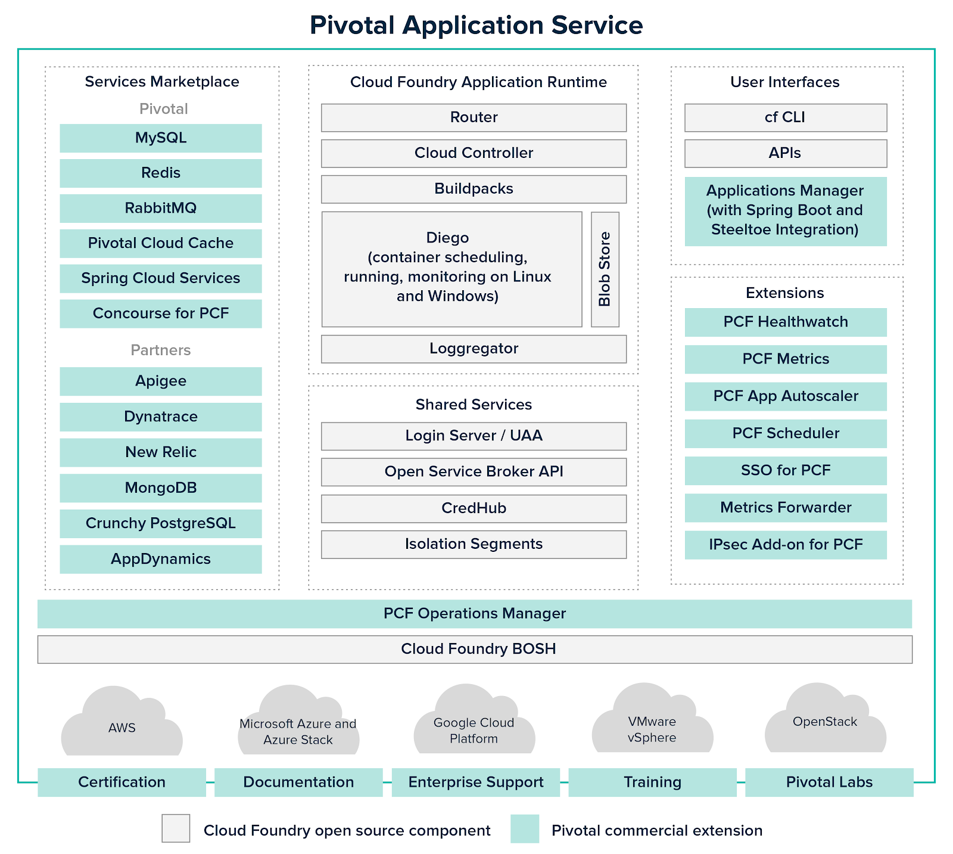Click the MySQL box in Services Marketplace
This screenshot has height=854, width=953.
(161, 138)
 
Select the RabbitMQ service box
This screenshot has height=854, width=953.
(161, 209)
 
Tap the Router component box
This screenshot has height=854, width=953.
(474, 117)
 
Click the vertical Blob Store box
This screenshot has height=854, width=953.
(605, 269)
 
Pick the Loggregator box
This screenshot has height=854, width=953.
(474, 349)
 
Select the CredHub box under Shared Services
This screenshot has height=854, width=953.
(474, 508)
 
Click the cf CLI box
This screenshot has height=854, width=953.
(785, 117)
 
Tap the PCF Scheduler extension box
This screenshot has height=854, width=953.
(785, 433)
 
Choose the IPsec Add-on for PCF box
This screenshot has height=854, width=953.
(785, 545)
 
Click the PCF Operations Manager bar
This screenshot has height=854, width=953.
(474, 614)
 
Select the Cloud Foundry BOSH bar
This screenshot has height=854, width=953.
(474, 649)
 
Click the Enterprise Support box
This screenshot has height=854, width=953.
(475, 782)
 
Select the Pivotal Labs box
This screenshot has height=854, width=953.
(829, 782)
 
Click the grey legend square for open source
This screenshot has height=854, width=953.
(176, 828)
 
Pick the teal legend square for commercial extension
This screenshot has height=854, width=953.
(525, 828)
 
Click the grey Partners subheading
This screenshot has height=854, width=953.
(161, 350)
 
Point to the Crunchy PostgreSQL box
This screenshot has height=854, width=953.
(161, 524)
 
